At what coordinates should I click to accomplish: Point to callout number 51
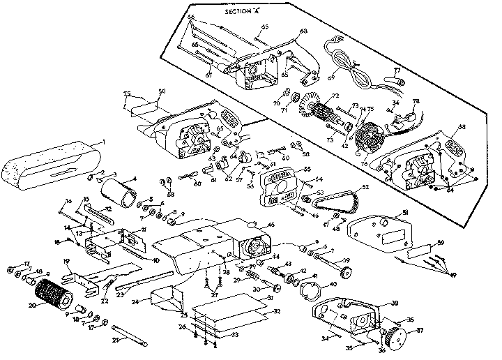tap(406, 213)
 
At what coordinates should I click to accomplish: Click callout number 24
tap(136, 301)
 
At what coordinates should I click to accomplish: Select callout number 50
tap(162, 91)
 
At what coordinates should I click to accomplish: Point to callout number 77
tap(397, 70)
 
